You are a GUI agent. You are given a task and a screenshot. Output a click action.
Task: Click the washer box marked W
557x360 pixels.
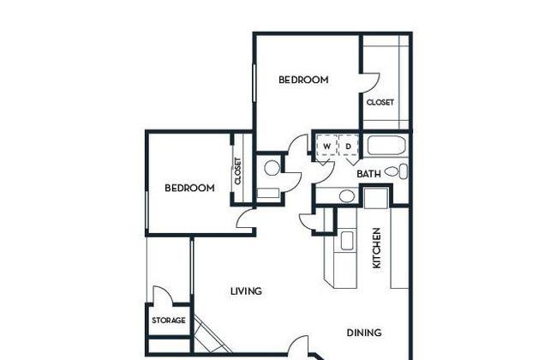coord(326,146)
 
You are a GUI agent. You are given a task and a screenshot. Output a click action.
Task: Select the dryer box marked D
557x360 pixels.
coord(349,146)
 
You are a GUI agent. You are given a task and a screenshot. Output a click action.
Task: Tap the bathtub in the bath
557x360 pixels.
coord(386,145)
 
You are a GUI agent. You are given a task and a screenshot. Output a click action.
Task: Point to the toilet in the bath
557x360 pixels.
coord(396,171)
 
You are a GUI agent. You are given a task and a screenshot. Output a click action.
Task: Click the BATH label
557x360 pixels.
coord(368,174)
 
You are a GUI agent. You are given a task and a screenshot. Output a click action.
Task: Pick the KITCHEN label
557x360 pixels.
coord(376,248)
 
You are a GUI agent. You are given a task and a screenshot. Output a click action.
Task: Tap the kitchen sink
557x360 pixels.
coord(347,241)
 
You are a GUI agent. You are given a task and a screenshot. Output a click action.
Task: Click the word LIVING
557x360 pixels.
coord(246,291)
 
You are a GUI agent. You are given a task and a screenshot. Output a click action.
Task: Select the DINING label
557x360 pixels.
coord(364,333)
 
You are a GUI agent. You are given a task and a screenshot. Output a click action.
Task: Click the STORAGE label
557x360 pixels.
coord(169,321)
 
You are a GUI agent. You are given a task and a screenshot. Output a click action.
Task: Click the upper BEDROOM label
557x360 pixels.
coord(303,80)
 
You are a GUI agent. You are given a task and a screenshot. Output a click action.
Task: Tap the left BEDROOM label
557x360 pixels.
coord(189,188)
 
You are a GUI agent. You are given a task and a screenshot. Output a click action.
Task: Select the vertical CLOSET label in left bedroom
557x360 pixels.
coord(237,171)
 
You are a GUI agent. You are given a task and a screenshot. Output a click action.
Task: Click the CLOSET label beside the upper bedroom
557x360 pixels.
coord(380,102)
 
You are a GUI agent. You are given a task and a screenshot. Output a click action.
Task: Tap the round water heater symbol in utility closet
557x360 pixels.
coord(273,168)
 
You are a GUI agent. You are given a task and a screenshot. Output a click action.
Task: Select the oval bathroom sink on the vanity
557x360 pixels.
coord(347,196)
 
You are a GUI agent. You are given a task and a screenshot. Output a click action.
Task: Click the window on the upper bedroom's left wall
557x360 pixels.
coord(255,83)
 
